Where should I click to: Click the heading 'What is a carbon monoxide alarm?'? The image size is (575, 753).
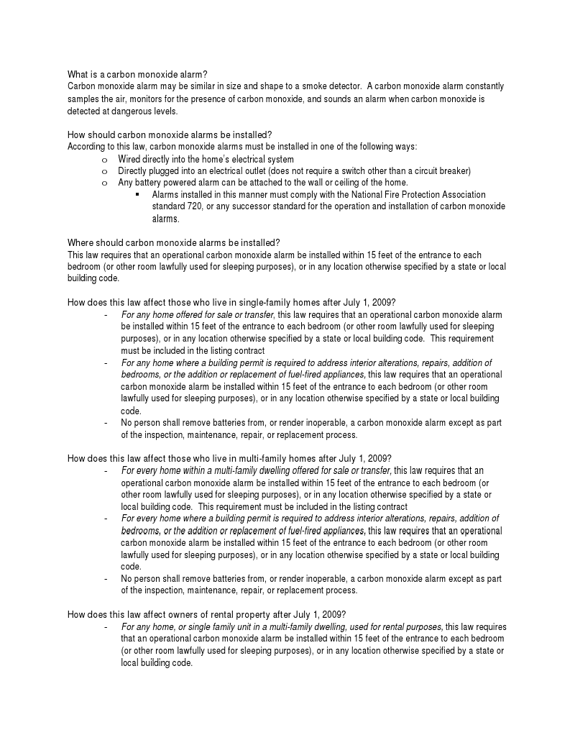(137, 75)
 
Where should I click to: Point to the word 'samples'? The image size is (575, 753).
(83, 99)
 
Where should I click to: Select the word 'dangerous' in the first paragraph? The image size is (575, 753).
(122, 111)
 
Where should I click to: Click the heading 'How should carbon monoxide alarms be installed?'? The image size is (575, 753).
(169, 134)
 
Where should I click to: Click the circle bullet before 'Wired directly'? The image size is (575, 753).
(104, 159)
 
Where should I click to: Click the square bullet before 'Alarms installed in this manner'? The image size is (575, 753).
(137, 195)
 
